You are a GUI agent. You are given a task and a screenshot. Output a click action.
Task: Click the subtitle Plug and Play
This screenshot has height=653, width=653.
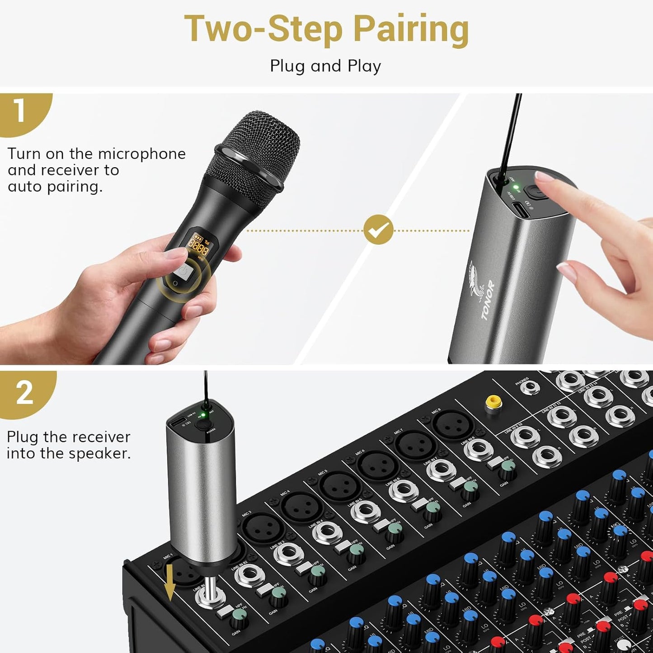(325, 66)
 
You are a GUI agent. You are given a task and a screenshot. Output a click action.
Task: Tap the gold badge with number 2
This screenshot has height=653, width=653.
(25, 392)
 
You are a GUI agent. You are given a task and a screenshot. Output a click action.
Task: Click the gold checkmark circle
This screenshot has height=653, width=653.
(378, 230)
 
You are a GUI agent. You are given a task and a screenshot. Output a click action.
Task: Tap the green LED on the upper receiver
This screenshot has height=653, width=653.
(516, 187)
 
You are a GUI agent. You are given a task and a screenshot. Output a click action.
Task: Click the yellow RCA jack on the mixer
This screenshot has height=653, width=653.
(493, 402)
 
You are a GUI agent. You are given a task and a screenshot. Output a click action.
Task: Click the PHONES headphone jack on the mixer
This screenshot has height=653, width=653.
(529, 387)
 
